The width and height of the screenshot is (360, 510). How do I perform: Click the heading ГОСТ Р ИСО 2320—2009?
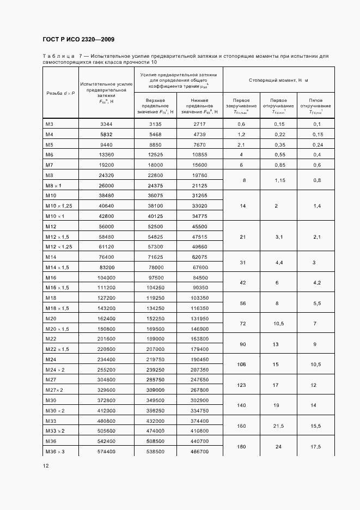[x=78, y=40]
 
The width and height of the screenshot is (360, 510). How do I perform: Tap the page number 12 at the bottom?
[x=46, y=465]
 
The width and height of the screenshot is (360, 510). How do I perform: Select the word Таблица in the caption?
[x=58, y=56]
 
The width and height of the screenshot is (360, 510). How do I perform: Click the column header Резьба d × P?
[x=61, y=93]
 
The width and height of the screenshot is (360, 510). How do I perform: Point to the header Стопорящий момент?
[x=278, y=80]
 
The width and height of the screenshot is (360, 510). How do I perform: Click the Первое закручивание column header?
[x=241, y=106]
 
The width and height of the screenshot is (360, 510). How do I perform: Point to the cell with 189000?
[x=156, y=338]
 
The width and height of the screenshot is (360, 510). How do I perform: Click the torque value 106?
[x=241, y=364]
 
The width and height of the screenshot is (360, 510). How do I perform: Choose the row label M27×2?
[x=54, y=390]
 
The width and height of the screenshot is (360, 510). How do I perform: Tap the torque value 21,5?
[x=278, y=426]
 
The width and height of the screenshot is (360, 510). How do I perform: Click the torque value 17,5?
[x=314, y=446]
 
